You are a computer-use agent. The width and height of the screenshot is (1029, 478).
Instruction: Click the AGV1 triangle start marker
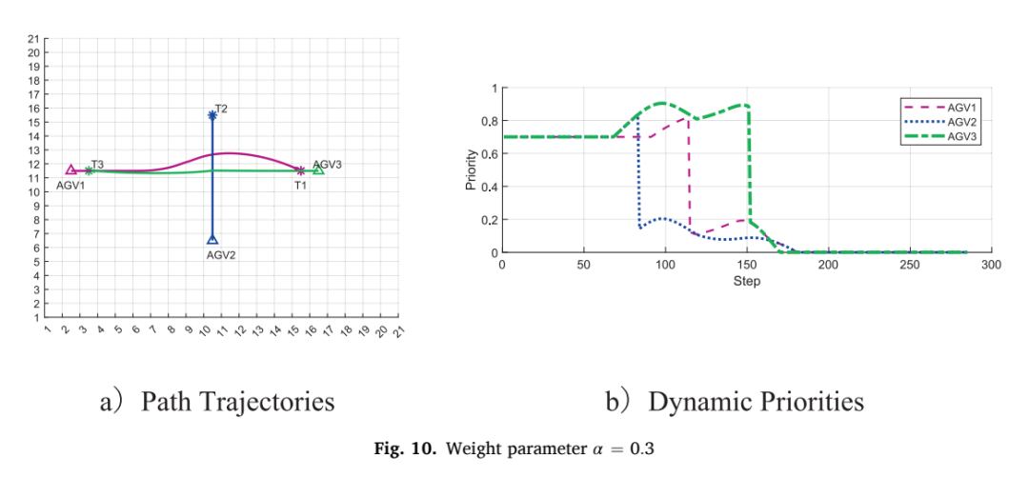(x=71, y=169)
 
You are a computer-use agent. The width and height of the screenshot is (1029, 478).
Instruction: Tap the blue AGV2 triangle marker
(x=212, y=239)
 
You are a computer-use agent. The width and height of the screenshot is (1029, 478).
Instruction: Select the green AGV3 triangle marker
(x=318, y=169)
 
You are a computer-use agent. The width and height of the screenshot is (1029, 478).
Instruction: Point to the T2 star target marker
(x=212, y=115)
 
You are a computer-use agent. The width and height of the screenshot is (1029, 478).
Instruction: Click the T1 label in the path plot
(x=300, y=186)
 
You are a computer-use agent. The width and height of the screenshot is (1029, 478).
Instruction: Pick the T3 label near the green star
(x=97, y=164)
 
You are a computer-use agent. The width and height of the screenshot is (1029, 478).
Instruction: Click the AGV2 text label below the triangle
(x=220, y=256)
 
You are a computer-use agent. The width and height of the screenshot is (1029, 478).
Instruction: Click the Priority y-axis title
(x=470, y=169)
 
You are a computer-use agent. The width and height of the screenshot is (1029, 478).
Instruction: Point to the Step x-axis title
(x=747, y=282)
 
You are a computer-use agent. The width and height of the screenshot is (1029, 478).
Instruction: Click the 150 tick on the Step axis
(x=747, y=265)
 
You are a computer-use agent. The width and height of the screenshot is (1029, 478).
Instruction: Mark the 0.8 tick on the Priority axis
(x=491, y=121)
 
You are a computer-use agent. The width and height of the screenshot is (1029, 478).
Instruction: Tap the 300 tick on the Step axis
(x=992, y=265)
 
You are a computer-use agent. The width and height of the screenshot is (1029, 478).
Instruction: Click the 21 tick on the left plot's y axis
(x=32, y=39)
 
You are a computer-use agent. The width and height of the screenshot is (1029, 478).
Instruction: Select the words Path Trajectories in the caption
(x=237, y=401)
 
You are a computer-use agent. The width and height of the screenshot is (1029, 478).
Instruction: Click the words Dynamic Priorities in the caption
(x=756, y=401)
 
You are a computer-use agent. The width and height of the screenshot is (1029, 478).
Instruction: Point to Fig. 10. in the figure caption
(x=404, y=449)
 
